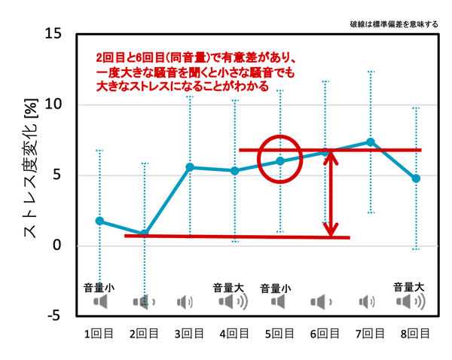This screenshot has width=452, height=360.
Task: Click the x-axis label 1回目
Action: coord(99,333)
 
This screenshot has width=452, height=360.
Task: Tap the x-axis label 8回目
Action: coord(415,333)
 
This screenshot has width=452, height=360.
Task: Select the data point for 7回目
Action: coord(371,142)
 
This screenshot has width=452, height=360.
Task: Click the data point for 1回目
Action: coord(99,221)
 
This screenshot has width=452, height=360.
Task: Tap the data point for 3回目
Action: coord(189,167)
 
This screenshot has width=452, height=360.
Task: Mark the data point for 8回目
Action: coord(416,178)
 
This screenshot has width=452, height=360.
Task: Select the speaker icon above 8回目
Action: coord(411,302)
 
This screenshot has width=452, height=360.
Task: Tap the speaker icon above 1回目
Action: coord(100,302)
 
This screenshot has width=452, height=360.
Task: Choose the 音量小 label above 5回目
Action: coord(278,288)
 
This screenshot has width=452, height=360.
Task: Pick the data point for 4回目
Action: coord(234,171)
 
